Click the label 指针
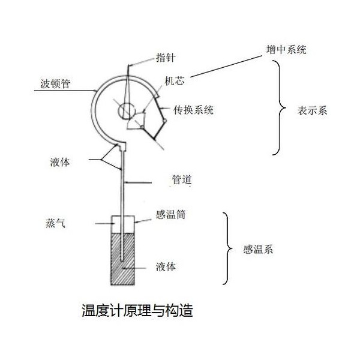166,58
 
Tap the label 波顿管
55,84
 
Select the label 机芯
175,81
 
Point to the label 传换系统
193,110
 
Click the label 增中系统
286,50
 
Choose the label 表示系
312,110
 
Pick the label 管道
182,179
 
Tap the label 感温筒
170,215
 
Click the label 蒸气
55,223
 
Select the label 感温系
258,250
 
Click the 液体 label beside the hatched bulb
166,267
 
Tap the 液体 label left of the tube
59,162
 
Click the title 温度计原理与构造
137,310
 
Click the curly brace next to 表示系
279,107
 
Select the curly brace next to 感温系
227,248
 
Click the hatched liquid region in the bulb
123,259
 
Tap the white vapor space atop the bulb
116,224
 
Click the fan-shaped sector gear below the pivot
137,122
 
